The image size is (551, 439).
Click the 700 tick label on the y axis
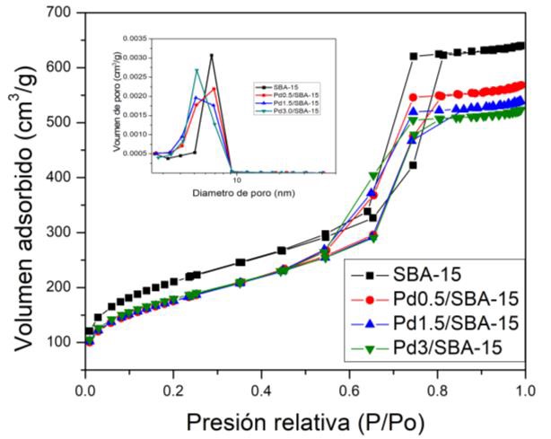click(59, 13)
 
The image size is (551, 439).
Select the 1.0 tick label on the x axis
click(526, 391)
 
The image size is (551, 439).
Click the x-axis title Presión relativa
click(305, 421)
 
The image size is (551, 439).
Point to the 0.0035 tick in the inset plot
click(135, 40)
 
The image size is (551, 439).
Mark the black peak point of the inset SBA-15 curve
click(212, 56)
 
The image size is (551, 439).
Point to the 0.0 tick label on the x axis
click(85, 391)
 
